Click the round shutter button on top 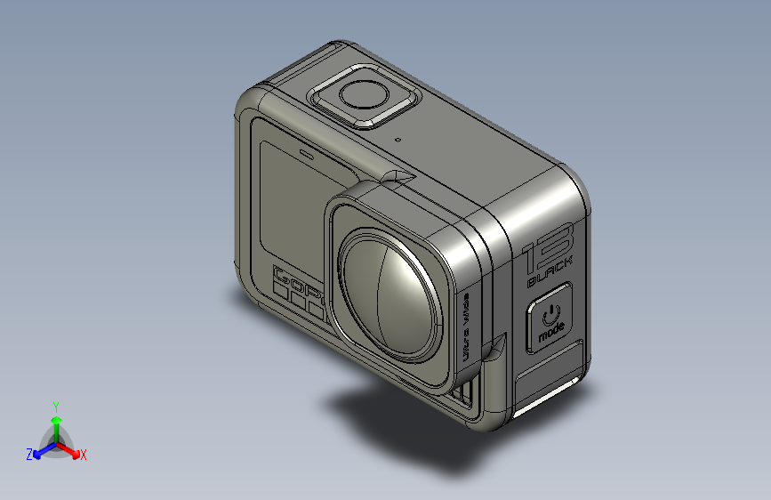(x=365, y=95)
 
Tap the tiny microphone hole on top (x=398, y=140)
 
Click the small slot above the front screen (x=306, y=153)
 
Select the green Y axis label (x=56, y=405)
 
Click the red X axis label (x=84, y=455)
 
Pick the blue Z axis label (x=29, y=454)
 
